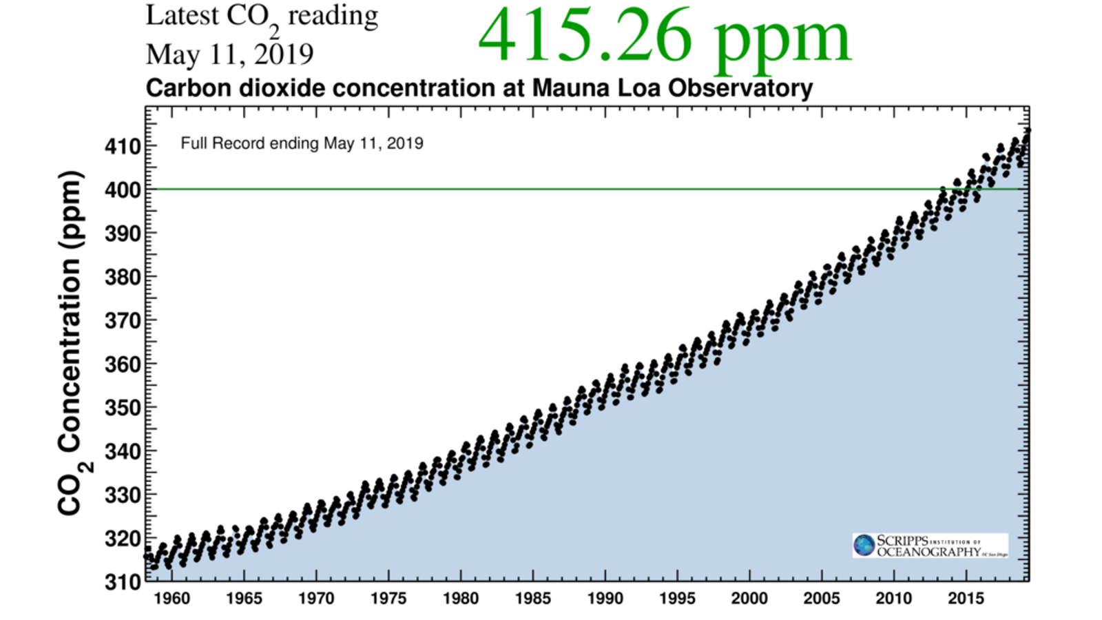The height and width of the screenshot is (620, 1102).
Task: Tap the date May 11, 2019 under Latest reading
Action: click(x=229, y=54)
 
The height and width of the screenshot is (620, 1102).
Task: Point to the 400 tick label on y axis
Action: click(x=122, y=189)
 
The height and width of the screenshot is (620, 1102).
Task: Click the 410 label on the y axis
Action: click(x=122, y=146)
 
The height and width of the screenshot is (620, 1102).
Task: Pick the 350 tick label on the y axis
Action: click(x=122, y=408)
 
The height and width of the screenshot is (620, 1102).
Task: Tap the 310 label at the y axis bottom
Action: click(x=122, y=582)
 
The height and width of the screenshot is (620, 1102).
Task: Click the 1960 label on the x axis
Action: click(x=171, y=598)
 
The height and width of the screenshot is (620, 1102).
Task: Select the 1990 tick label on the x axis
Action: click(x=605, y=598)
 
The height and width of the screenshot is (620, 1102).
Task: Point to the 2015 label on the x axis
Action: click(x=966, y=598)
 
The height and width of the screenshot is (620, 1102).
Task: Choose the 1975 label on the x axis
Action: click(x=388, y=598)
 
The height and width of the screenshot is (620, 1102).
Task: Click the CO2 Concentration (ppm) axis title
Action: click(x=72, y=343)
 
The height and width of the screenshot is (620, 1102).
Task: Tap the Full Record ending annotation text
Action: click(x=302, y=143)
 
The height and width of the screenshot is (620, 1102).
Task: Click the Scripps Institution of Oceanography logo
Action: click(x=930, y=546)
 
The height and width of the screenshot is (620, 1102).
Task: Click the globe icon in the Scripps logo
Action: click(x=864, y=546)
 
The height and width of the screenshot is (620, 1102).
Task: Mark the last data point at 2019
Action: click(x=1028, y=130)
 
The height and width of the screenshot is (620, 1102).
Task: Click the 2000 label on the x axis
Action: click(x=749, y=598)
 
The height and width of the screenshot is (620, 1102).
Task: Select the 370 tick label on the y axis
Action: click(x=122, y=320)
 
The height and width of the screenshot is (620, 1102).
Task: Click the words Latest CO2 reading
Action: click(x=262, y=17)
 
